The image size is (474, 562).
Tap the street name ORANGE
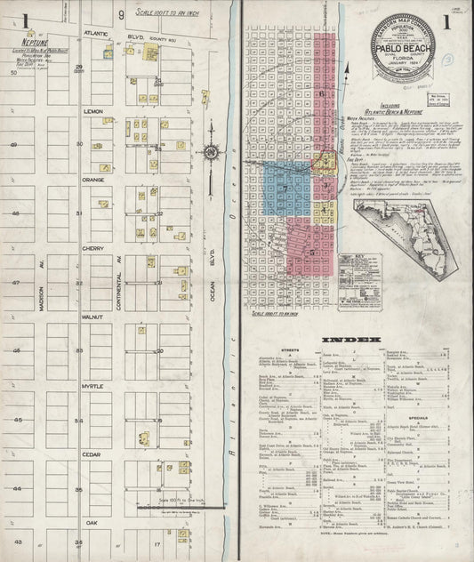(93, 180)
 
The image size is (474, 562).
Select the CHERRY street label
(93, 248)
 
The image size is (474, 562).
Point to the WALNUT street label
(93, 316)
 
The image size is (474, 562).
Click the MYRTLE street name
(93, 385)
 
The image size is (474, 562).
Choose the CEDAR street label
(93, 454)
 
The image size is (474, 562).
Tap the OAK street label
(93, 523)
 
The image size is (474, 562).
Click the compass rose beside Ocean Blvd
(212, 153)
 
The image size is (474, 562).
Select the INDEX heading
(356, 340)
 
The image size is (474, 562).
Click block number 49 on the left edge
(13, 145)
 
